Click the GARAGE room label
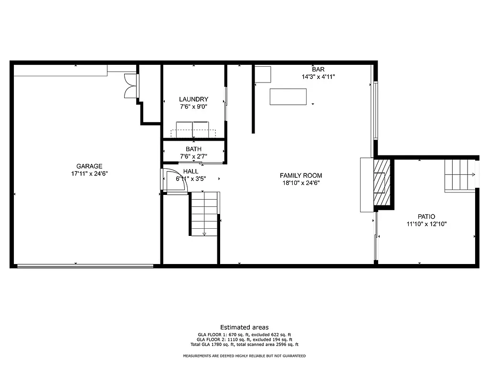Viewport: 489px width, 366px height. (x=89, y=166)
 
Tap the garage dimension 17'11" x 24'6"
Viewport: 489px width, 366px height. (x=89, y=173)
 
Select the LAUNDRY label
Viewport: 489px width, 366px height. (x=193, y=99)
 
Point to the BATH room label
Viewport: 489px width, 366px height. (x=193, y=149)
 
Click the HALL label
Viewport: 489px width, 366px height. (x=191, y=172)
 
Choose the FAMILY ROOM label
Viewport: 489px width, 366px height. (x=301, y=175)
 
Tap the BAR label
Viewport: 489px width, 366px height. (x=318, y=70)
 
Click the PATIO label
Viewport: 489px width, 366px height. (x=426, y=216)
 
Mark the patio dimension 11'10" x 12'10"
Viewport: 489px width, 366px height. (x=426, y=224)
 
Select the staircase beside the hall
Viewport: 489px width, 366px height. (x=204, y=213)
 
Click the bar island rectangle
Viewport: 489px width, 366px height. (x=288, y=96)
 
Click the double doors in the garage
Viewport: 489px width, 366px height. (x=130, y=86)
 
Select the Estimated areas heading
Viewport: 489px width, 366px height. (x=244, y=327)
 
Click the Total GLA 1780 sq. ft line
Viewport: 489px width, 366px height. (x=244, y=345)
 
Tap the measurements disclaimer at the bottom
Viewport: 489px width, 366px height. (x=244, y=356)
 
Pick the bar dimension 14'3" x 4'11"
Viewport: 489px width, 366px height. (x=318, y=76)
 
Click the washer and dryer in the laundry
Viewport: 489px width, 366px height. (x=192, y=130)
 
